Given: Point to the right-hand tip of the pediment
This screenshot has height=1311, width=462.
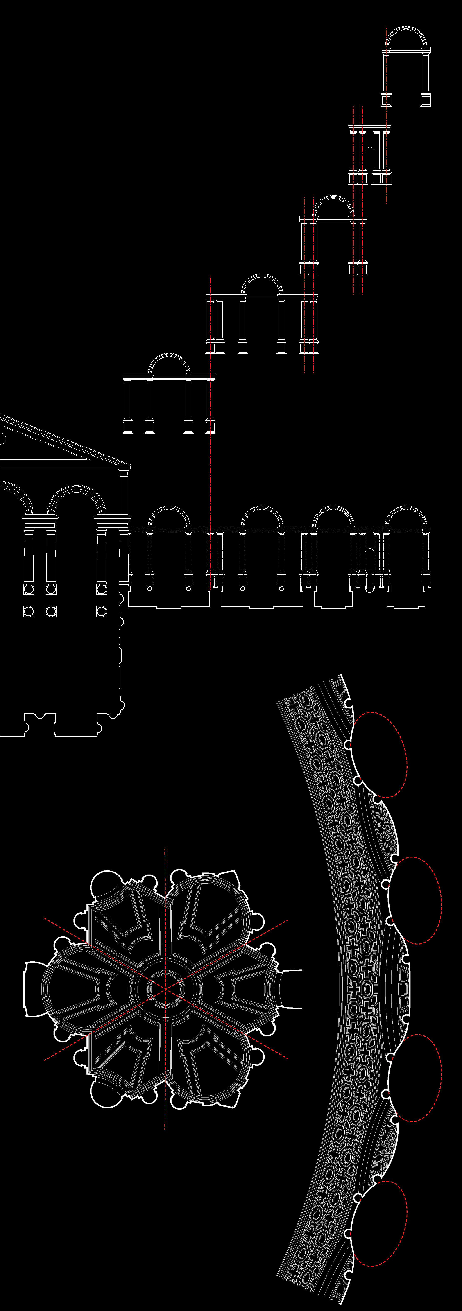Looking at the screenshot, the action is click(131, 465).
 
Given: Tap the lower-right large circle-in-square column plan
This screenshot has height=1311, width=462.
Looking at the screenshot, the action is click(101, 611).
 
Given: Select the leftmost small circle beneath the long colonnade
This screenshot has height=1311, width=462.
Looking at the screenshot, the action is click(149, 588).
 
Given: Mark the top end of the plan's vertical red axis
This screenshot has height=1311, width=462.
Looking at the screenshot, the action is click(165, 849).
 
